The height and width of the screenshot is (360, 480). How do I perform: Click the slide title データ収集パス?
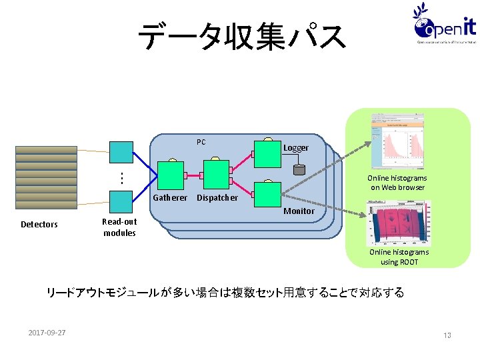[x=241, y=37]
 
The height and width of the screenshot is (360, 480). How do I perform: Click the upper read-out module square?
[x=121, y=153]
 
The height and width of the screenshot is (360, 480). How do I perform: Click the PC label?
[x=201, y=142]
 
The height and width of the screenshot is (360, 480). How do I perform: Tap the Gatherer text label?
[x=170, y=198]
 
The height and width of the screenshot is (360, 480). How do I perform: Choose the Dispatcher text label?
[x=217, y=198]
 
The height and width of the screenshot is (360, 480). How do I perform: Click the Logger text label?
[x=296, y=147]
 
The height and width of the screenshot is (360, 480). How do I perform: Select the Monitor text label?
[x=299, y=211]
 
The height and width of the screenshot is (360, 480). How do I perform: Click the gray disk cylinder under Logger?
[x=299, y=169]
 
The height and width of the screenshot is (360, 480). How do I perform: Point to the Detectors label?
[x=39, y=225]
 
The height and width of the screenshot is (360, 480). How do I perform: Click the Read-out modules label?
[x=119, y=227]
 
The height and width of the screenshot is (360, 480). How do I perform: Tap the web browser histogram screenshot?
[x=398, y=142]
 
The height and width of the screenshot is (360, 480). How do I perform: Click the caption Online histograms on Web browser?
[x=397, y=183]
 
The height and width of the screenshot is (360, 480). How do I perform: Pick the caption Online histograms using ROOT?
[x=399, y=257]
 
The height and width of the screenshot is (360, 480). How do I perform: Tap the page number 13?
[x=447, y=335]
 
